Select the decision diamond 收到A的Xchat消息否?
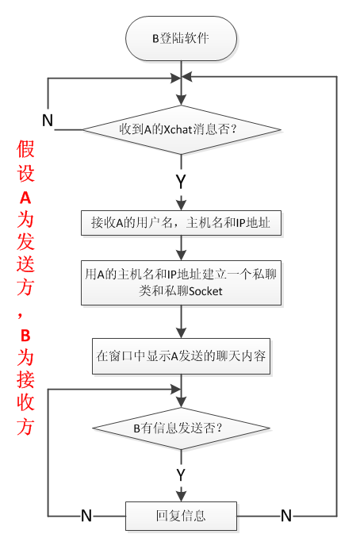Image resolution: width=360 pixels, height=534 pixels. (182, 129)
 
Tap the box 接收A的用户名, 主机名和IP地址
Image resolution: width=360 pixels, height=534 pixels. (182, 224)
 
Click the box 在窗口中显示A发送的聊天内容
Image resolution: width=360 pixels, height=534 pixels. (182, 357)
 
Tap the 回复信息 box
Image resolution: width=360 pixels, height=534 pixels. (182, 516)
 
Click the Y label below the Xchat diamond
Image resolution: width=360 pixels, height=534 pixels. (181, 181)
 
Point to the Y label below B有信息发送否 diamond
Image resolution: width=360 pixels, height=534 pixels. (181, 474)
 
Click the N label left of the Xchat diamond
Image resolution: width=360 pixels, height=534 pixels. (48, 121)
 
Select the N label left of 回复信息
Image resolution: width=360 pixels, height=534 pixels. (86, 516)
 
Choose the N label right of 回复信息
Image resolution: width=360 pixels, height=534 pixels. (285, 516)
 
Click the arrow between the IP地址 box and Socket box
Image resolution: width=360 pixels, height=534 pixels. (182, 248)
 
